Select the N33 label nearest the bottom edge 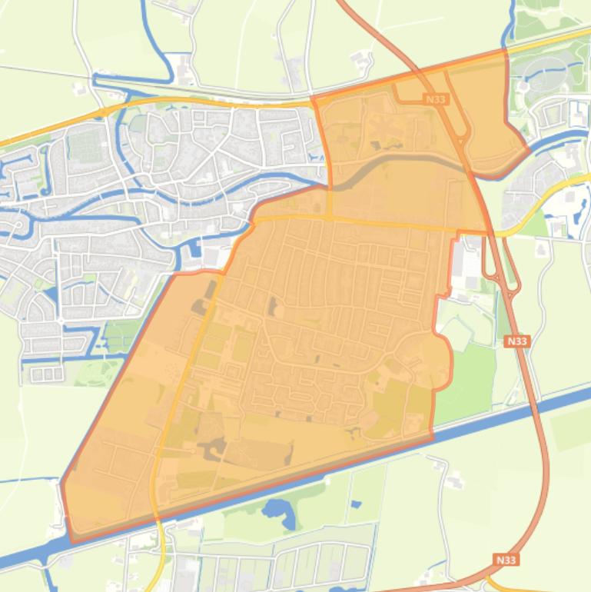click(506, 560)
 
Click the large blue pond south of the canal click(276, 513)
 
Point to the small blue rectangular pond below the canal click(355, 504)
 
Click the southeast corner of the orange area click(432, 439)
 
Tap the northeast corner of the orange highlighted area click(506, 49)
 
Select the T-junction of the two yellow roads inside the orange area click(330, 217)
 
